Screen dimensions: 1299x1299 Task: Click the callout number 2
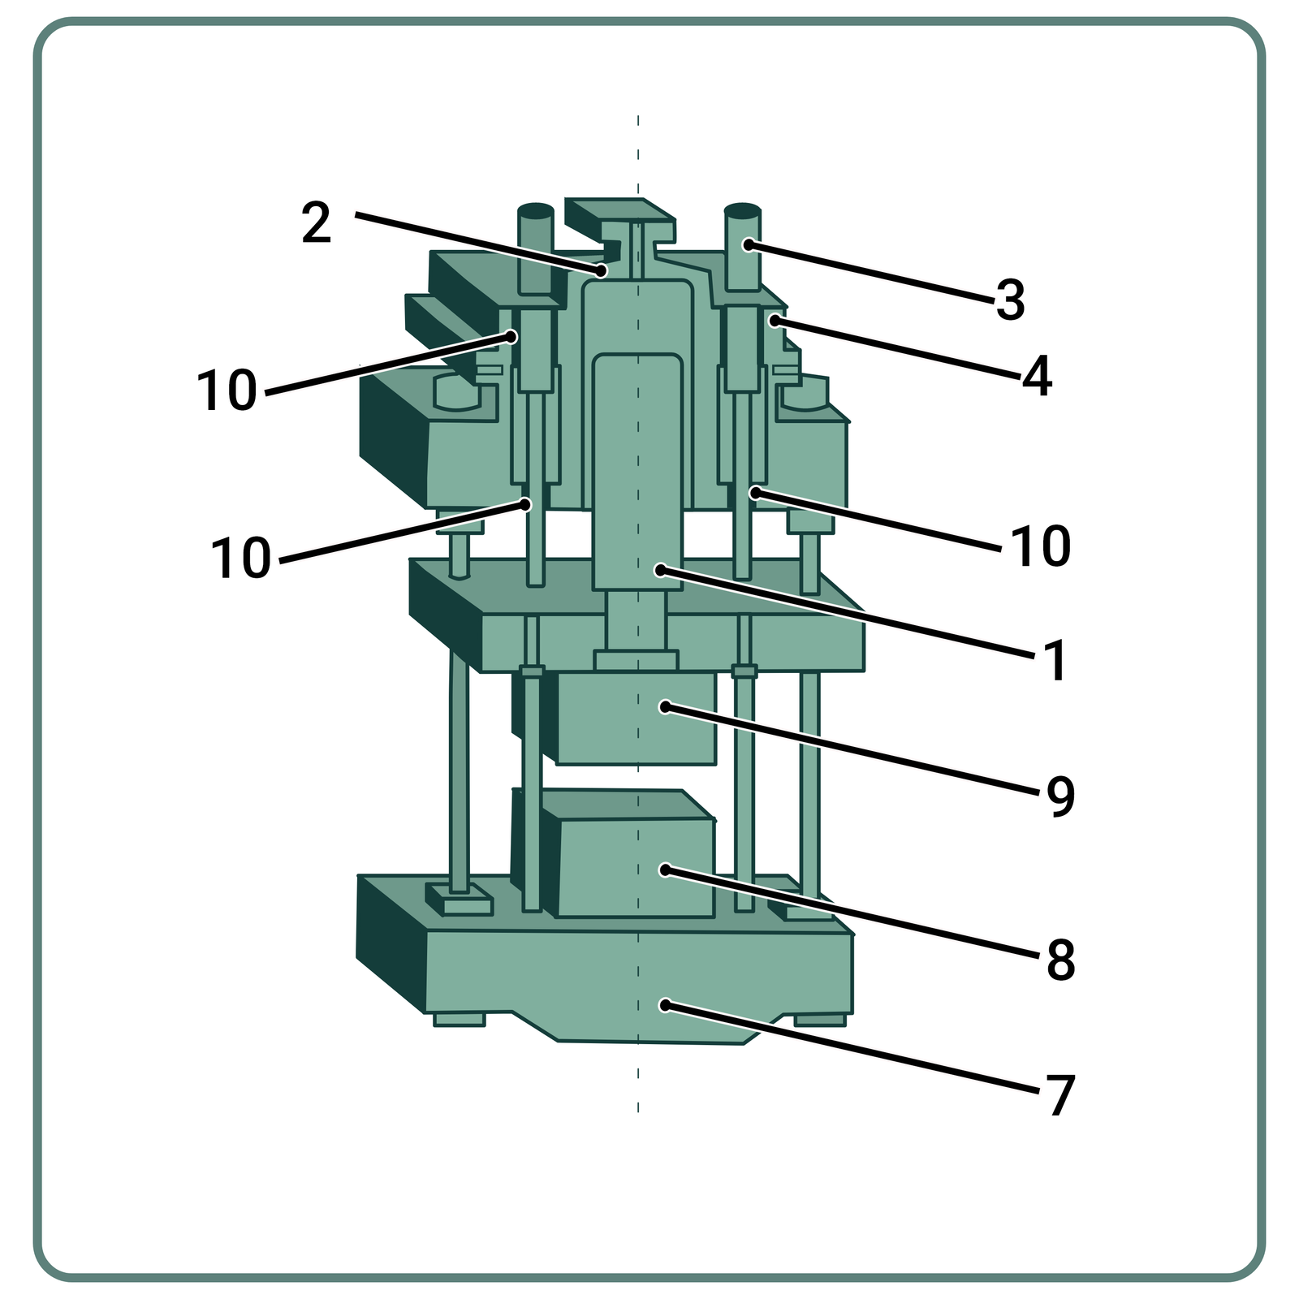(x=317, y=223)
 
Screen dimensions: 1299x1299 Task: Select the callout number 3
(x=1010, y=300)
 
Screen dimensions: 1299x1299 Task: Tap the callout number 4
(x=1037, y=376)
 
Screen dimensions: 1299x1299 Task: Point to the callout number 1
(x=1055, y=661)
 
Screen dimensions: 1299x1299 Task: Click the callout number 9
(x=1059, y=796)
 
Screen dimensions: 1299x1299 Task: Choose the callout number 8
(x=1059, y=960)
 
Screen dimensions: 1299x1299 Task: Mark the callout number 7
(x=1059, y=1096)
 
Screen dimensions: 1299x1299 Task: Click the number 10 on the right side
(x=1041, y=546)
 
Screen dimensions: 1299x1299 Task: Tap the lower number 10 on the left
(x=240, y=559)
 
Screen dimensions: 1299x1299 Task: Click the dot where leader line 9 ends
(x=665, y=707)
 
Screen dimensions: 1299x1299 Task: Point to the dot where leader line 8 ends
(x=665, y=870)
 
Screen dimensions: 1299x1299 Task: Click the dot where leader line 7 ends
(x=665, y=1005)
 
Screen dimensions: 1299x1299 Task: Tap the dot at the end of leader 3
(x=748, y=244)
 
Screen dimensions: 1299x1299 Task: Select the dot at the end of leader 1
(x=659, y=571)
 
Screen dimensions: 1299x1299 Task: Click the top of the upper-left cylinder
(x=536, y=209)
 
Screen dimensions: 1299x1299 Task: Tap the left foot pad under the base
(x=459, y=1020)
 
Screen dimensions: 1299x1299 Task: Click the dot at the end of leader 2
(x=602, y=270)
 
